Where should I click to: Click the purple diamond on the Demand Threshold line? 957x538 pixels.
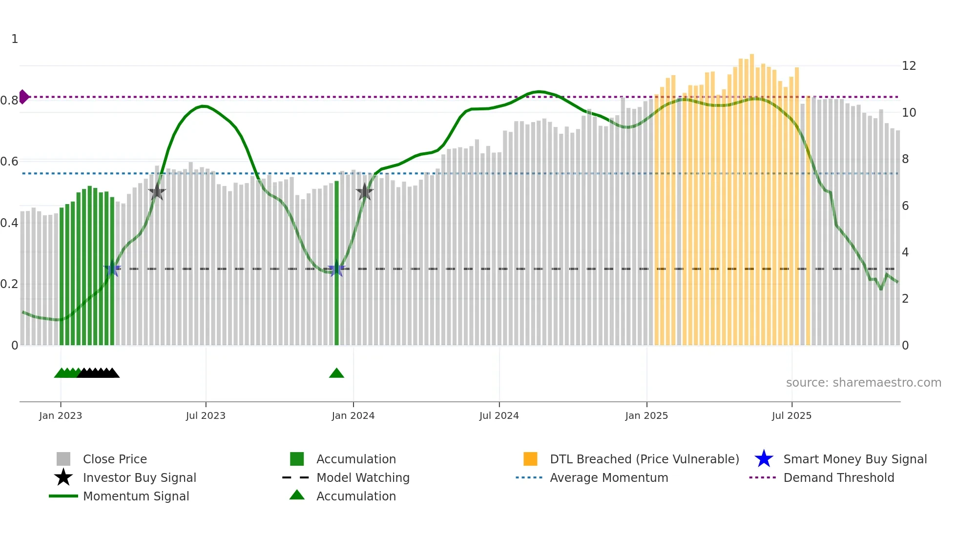[23, 97]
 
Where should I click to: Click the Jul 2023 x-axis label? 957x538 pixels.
[206, 415]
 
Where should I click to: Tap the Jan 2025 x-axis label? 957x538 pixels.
[646, 415]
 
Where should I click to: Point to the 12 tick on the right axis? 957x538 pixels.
[909, 66]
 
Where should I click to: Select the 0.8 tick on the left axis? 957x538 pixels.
[9, 101]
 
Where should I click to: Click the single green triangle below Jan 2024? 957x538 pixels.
[336, 373]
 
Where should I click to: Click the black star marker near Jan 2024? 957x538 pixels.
[364, 192]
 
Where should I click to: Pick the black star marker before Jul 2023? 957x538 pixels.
[157, 192]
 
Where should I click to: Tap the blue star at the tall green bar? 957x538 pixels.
[336, 269]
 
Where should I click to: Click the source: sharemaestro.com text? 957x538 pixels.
[863, 383]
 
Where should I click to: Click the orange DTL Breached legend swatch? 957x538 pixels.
[530, 459]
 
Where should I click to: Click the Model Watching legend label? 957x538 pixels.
[363, 477]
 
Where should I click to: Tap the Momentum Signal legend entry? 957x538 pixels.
[136, 496]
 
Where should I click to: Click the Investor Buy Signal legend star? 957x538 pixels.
[63, 477]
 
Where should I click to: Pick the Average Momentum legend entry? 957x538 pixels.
[608, 477]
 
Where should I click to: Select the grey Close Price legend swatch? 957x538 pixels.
[63, 459]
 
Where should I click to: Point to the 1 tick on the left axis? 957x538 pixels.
[15, 39]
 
